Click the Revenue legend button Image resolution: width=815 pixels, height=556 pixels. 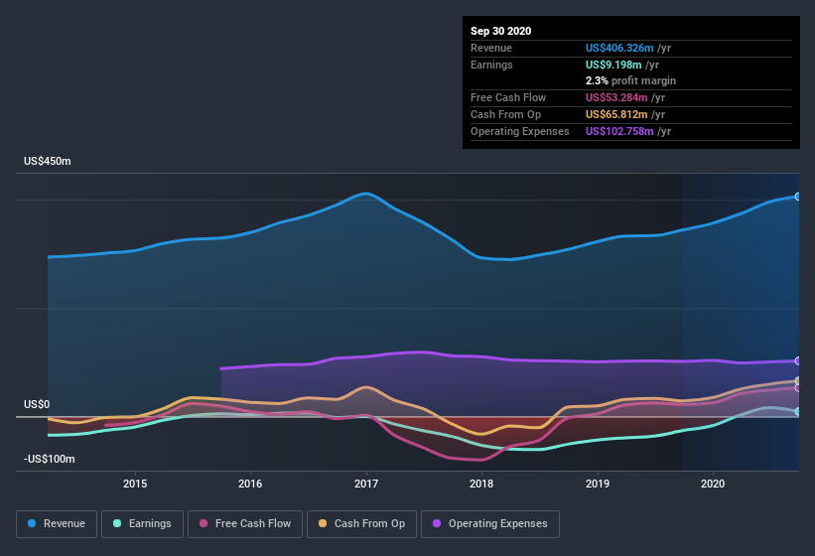[57, 523]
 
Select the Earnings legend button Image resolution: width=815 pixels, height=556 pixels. [139, 523]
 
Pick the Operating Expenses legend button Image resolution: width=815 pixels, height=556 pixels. [489, 523]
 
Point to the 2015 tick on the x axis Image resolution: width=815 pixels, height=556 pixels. [135, 484]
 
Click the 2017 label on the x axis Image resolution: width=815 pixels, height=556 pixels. [366, 484]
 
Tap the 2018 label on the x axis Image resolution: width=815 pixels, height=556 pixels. [481, 484]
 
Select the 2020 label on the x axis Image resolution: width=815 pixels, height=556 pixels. [713, 484]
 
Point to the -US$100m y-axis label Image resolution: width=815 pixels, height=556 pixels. [50, 460]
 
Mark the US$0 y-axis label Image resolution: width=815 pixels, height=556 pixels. [37, 405]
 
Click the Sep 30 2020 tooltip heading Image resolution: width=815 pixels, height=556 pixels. [500, 31]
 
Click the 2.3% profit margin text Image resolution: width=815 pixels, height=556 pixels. [631, 80]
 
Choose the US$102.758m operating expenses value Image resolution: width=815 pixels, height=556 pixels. [627, 131]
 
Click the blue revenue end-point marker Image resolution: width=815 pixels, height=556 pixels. [798, 196]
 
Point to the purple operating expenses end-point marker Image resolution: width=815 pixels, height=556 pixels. [798, 360]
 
